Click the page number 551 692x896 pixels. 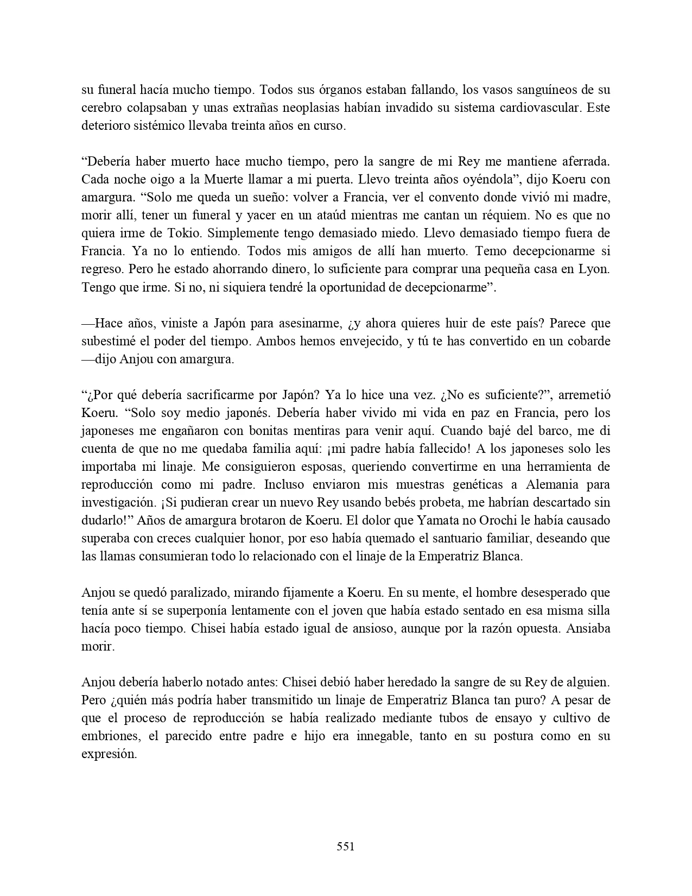[346, 846]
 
